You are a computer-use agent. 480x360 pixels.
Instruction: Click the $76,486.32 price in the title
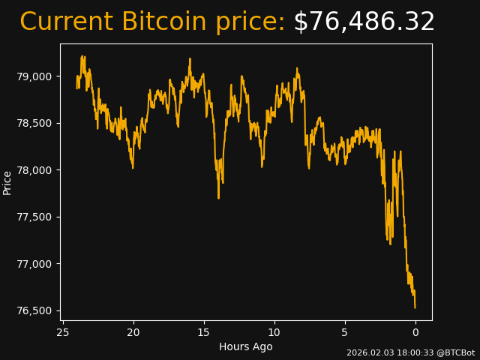364,22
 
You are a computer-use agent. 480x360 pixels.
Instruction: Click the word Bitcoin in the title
163,22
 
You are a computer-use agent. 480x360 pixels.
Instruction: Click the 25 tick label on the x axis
63,332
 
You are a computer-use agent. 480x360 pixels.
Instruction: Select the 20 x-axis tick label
133,332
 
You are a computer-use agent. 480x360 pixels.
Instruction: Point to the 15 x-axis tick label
204,332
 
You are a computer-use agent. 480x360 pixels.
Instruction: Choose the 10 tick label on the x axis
274,332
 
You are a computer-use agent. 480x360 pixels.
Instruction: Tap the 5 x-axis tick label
345,332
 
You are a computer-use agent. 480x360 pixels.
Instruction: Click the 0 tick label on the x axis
415,332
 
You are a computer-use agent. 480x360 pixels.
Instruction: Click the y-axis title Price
7,182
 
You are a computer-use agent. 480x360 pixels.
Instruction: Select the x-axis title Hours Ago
246,346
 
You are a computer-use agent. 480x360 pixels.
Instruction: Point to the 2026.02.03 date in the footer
369,352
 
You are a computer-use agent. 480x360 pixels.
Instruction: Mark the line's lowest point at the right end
415,307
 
